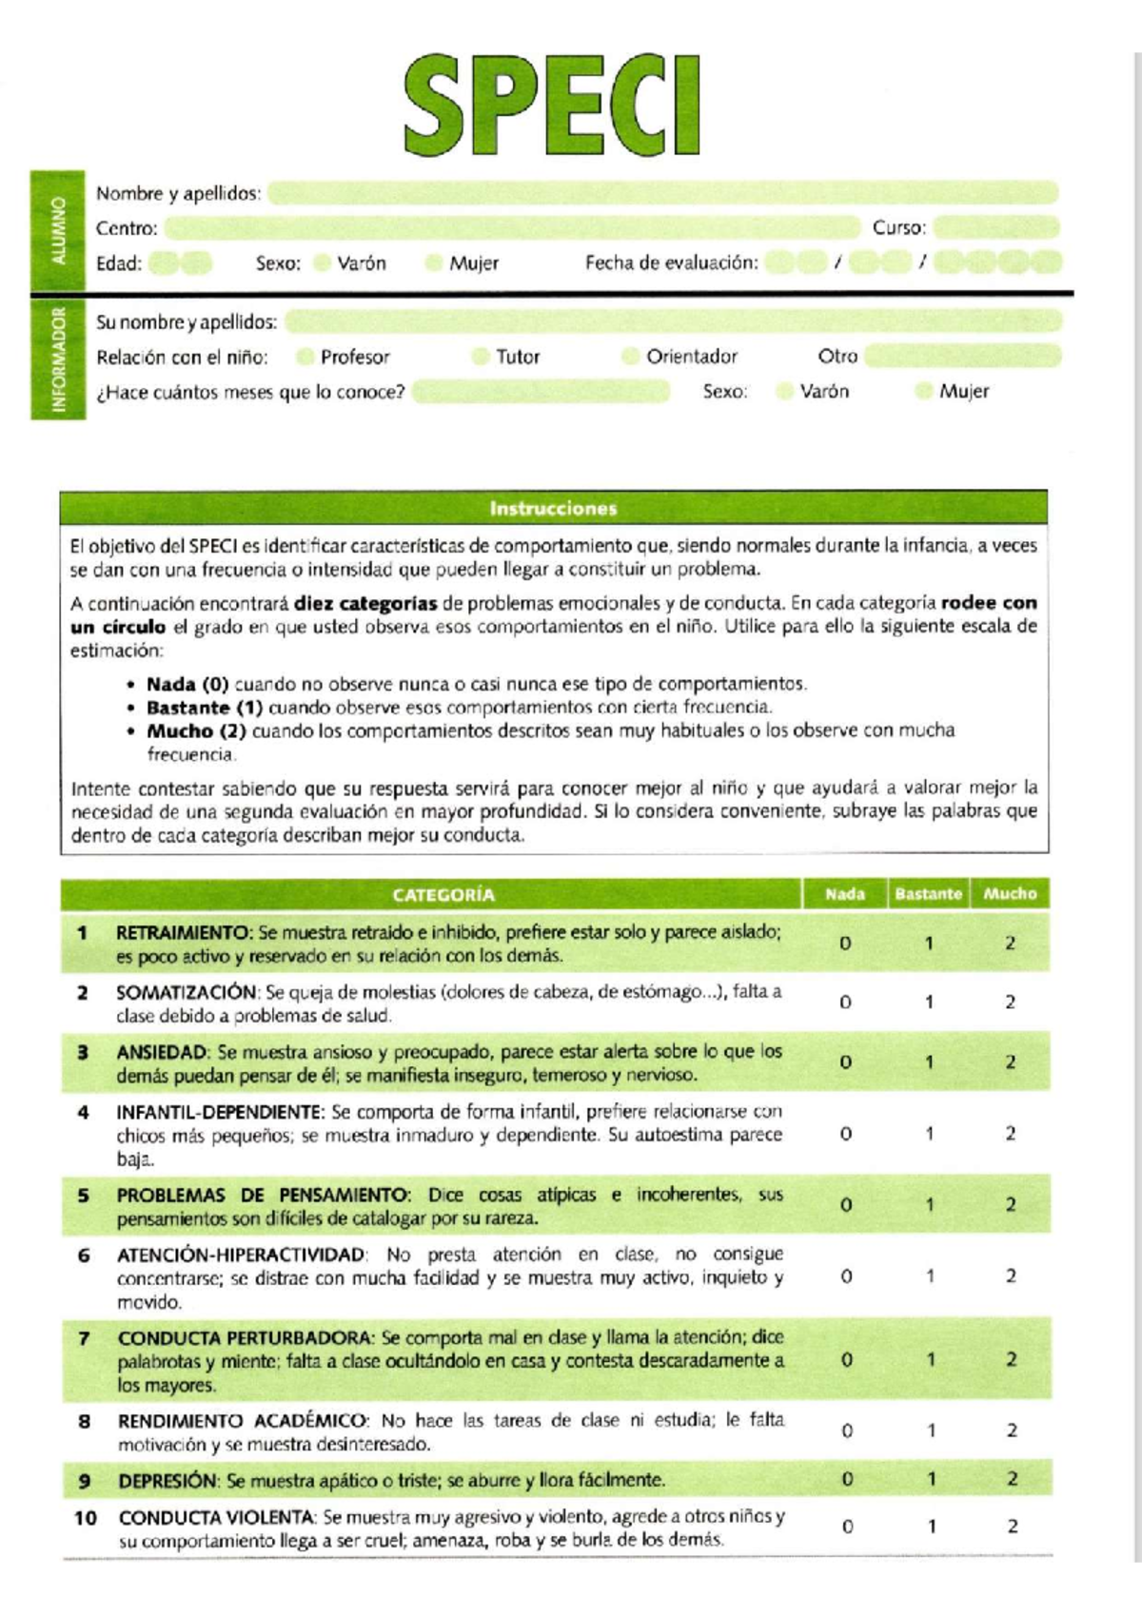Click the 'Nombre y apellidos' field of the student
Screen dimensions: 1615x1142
[662, 193]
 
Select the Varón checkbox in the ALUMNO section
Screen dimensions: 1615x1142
[323, 263]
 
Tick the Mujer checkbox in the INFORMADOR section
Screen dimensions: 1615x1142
[922, 391]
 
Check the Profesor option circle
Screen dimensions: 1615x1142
[305, 357]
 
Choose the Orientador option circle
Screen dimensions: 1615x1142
[629, 357]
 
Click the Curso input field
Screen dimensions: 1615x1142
[996, 227]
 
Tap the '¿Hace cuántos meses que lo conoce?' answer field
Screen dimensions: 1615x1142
[541, 392]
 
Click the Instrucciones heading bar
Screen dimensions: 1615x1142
[554, 508]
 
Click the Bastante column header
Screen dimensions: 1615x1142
[928, 894]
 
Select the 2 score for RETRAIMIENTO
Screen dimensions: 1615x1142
[1010, 943]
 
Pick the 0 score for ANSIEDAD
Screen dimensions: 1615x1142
[845, 1062]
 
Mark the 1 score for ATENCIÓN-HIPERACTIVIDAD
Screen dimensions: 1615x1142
[930, 1276]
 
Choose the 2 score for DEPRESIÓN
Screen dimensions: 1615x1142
[1012, 1479]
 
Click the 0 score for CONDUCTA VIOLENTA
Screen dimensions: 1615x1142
[847, 1527]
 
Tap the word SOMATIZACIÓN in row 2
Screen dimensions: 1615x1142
[186, 992]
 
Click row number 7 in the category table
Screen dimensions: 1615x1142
[84, 1338]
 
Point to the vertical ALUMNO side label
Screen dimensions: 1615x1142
[57, 230]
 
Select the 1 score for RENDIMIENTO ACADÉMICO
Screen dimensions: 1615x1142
[931, 1430]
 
